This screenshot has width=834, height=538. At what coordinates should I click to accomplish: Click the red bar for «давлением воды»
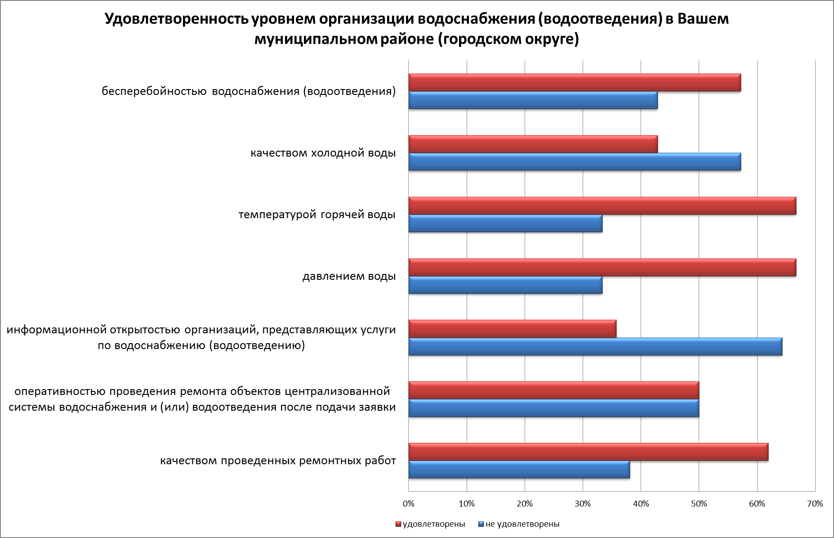(x=602, y=268)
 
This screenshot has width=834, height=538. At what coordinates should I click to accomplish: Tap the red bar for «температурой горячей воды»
(x=602, y=206)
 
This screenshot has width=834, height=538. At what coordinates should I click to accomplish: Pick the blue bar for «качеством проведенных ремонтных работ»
(x=519, y=470)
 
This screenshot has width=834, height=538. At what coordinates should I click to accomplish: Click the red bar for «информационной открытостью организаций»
(x=512, y=329)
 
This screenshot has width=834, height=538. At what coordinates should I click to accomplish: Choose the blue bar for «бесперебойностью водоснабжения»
(x=533, y=100)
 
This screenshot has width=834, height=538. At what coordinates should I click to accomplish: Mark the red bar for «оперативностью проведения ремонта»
(x=553, y=390)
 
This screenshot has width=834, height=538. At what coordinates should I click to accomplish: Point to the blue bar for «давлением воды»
(x=505, y=285)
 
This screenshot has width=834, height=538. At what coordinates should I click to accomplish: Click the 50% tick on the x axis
(x=699, y=504)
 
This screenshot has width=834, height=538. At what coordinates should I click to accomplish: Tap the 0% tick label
(x=408, y=504)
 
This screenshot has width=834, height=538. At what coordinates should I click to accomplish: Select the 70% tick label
(x=815, y=504)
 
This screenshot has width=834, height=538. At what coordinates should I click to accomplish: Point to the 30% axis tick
(x=583, y=504)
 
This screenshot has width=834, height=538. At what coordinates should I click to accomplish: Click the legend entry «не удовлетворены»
(x=522, y=524)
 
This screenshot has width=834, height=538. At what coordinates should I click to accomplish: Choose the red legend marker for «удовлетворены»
(x=398, y=524)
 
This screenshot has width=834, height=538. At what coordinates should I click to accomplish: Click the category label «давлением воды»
(x=349, y=276)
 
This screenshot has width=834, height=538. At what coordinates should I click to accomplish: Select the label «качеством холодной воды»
(x=323, y=153)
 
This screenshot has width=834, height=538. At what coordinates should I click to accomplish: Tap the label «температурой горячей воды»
(x=317, y=215)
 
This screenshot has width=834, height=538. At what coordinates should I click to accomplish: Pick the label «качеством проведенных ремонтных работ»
(x=278, y=461)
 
